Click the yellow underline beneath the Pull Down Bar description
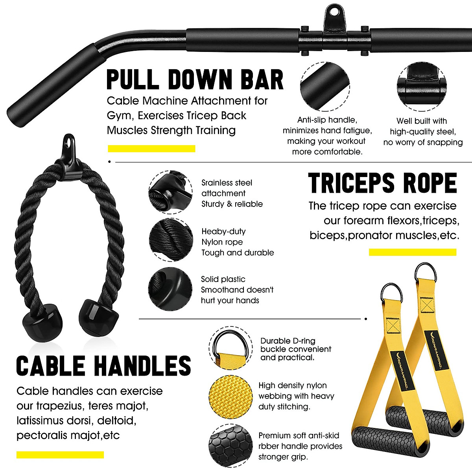[151, 149]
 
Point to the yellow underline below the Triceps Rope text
[413, 252]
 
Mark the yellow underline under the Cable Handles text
[60, 455]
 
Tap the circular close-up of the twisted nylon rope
[171, 240]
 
